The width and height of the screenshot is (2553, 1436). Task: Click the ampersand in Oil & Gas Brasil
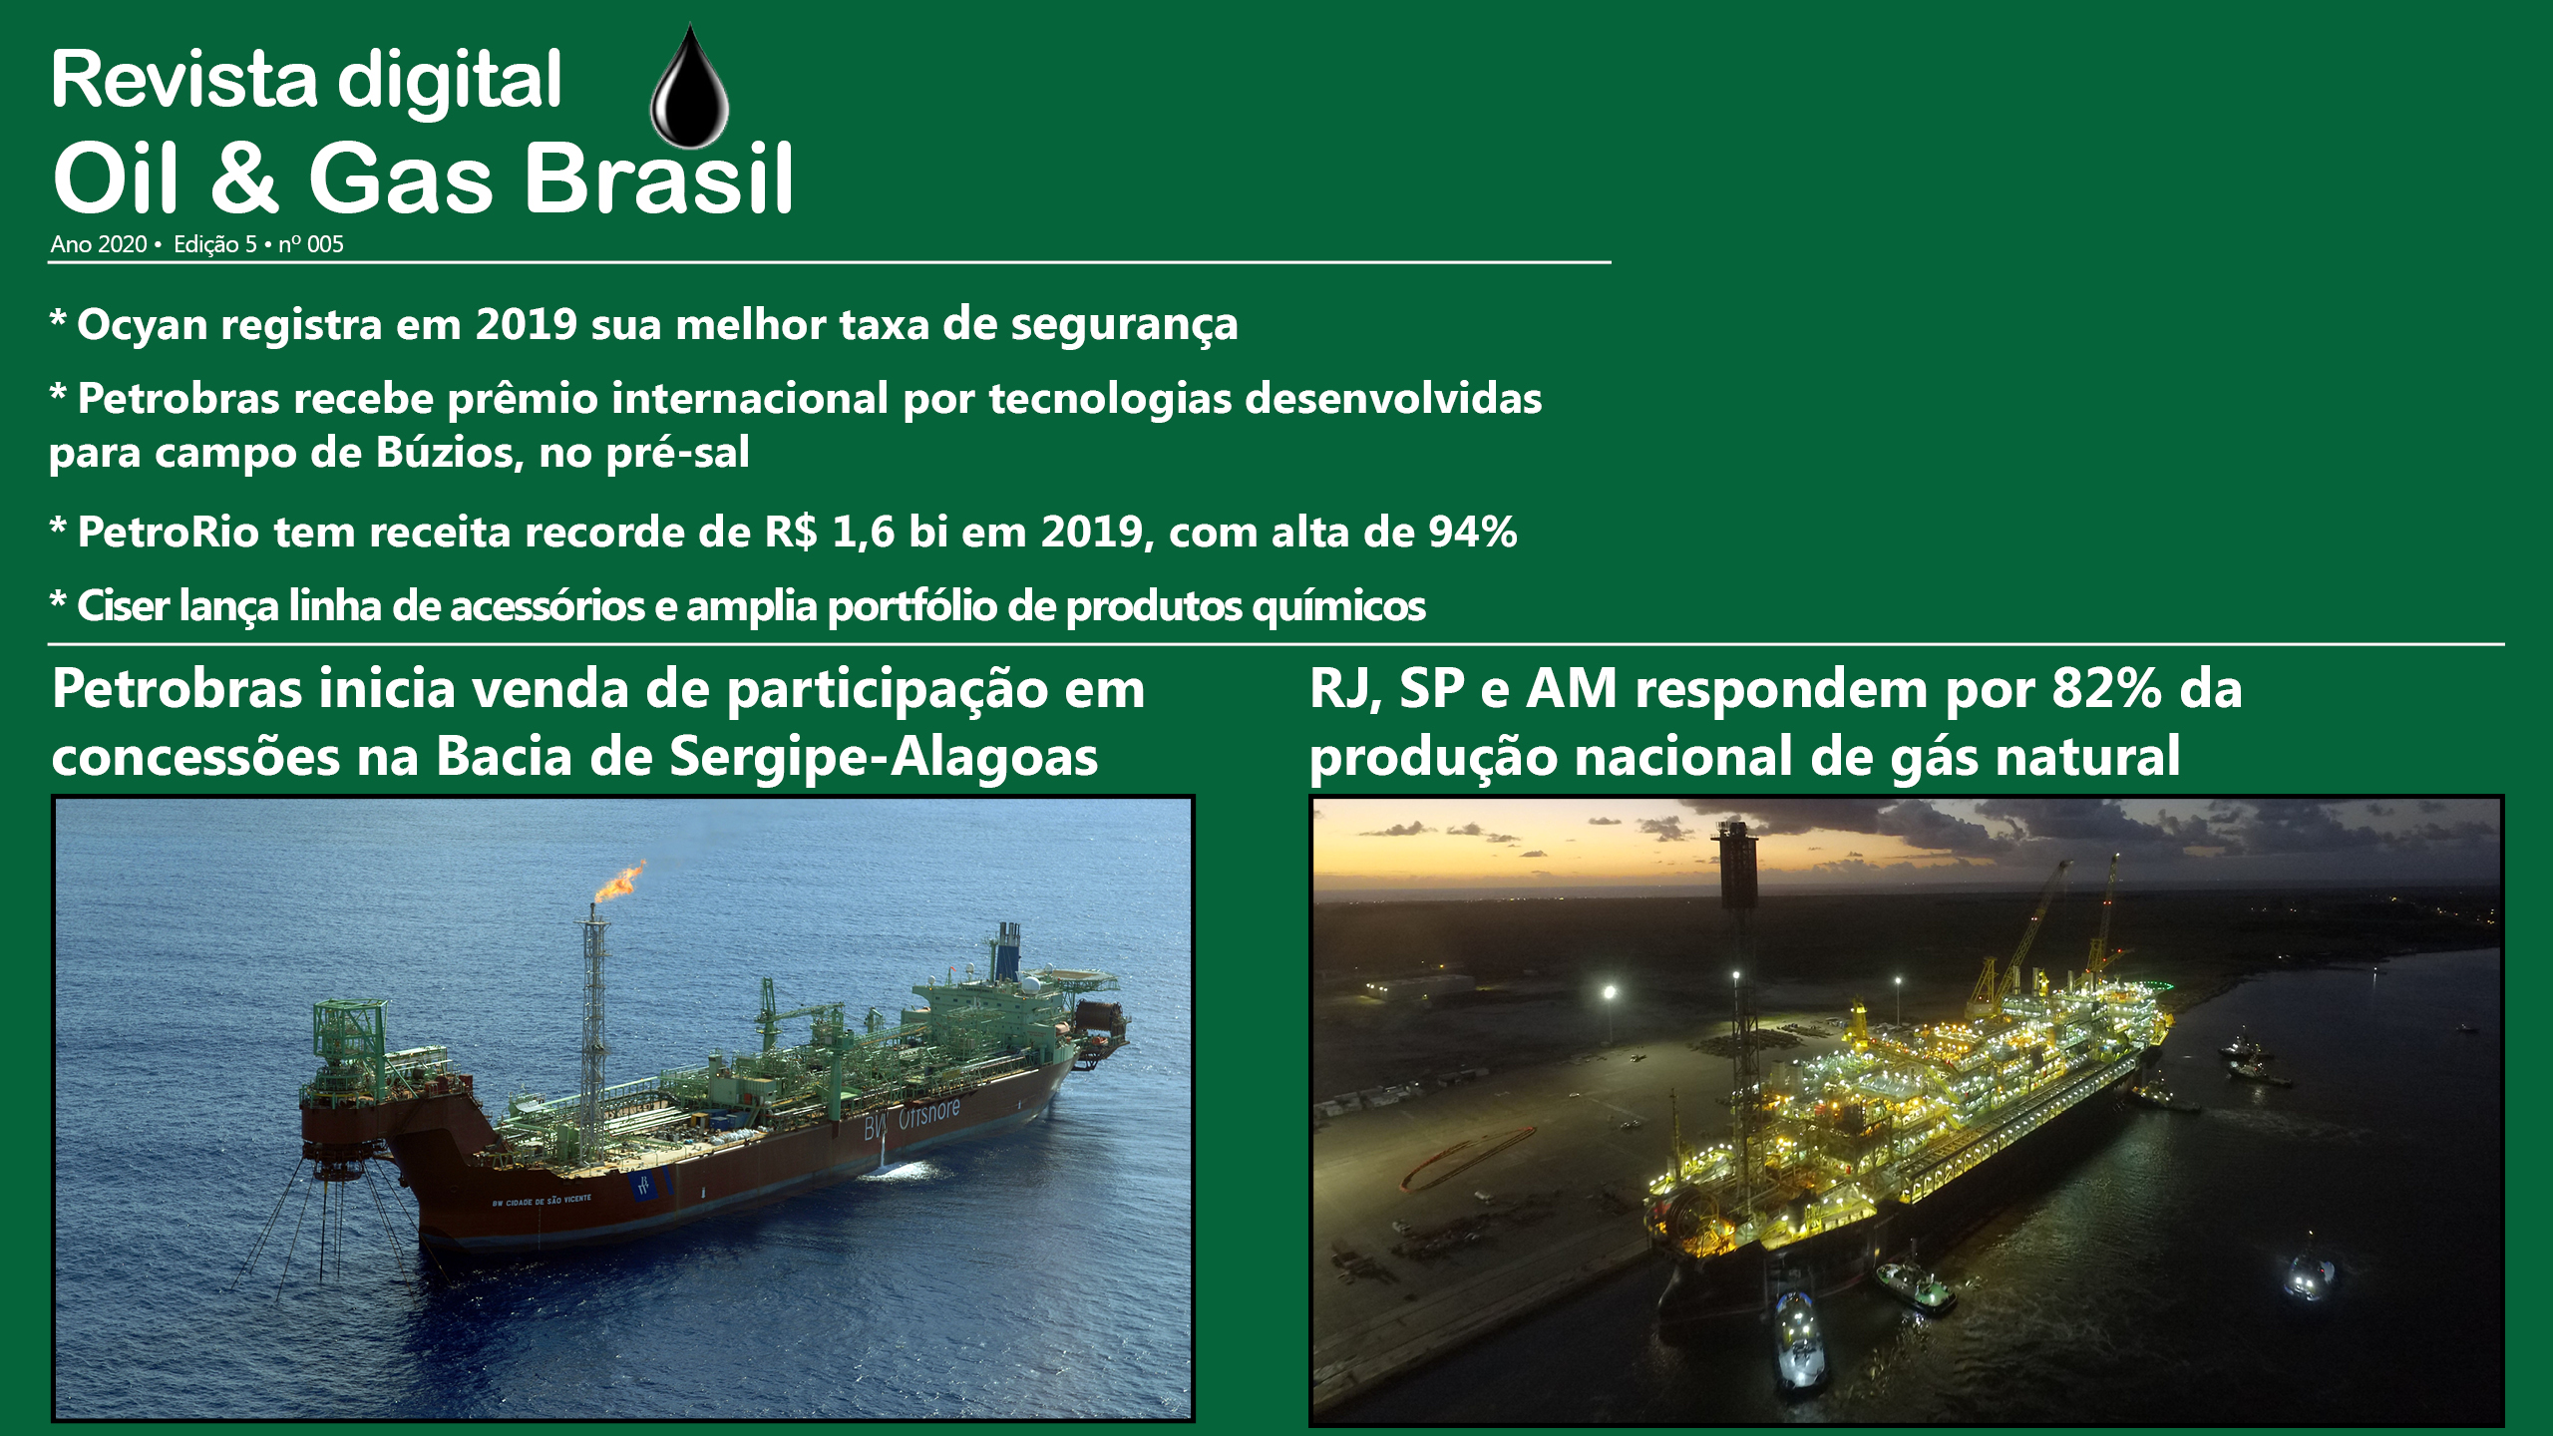click(x=245, y=178)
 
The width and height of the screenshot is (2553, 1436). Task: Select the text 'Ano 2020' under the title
click(x=99, y=244)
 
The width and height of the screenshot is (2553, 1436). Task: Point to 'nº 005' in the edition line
click(x=311, y=244)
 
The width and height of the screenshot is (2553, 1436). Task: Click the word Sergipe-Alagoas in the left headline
click(x=884, y=758)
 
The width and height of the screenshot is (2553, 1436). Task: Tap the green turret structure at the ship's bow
click(x=348, y=1037)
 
